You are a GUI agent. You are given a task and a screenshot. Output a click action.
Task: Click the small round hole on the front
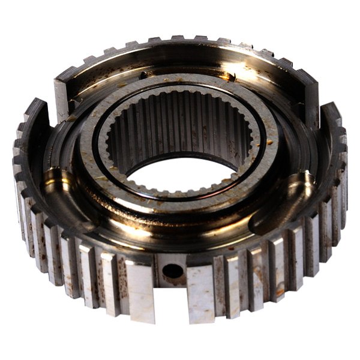click(x=173, y=270)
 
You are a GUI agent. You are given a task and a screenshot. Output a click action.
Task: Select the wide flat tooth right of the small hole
click(x=200, y=293)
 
